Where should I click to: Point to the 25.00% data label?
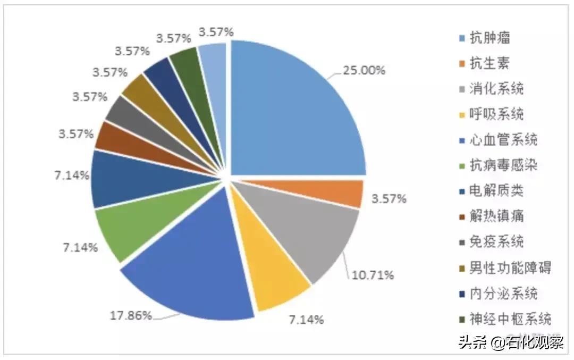point(365,70)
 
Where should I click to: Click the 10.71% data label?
point(373,275)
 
